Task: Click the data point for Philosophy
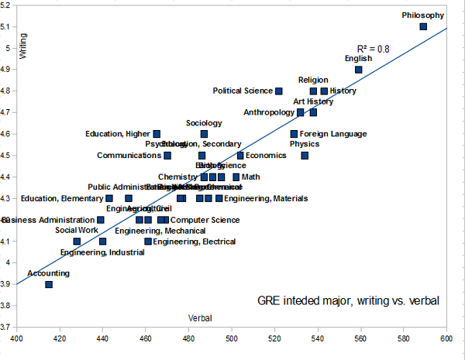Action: coord(423,26)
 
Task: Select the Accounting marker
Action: coord(49,284)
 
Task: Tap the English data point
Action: coord(359,70)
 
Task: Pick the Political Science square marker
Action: coord(279,91)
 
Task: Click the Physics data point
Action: coord(305,156)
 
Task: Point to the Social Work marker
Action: coord(77,242)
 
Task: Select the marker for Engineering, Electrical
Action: coord(148,242)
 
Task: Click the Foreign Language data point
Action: coord(294,134)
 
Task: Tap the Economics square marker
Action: coord(240,156)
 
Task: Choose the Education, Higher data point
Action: coord(157,134)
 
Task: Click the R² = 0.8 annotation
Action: coord(374,48)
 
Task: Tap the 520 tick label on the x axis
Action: coord(274,338)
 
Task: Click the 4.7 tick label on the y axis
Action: coord(8,112)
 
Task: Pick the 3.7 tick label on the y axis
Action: coord(8,327)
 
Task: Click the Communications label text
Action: coord(129,156)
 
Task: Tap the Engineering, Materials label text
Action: coord(266,199)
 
